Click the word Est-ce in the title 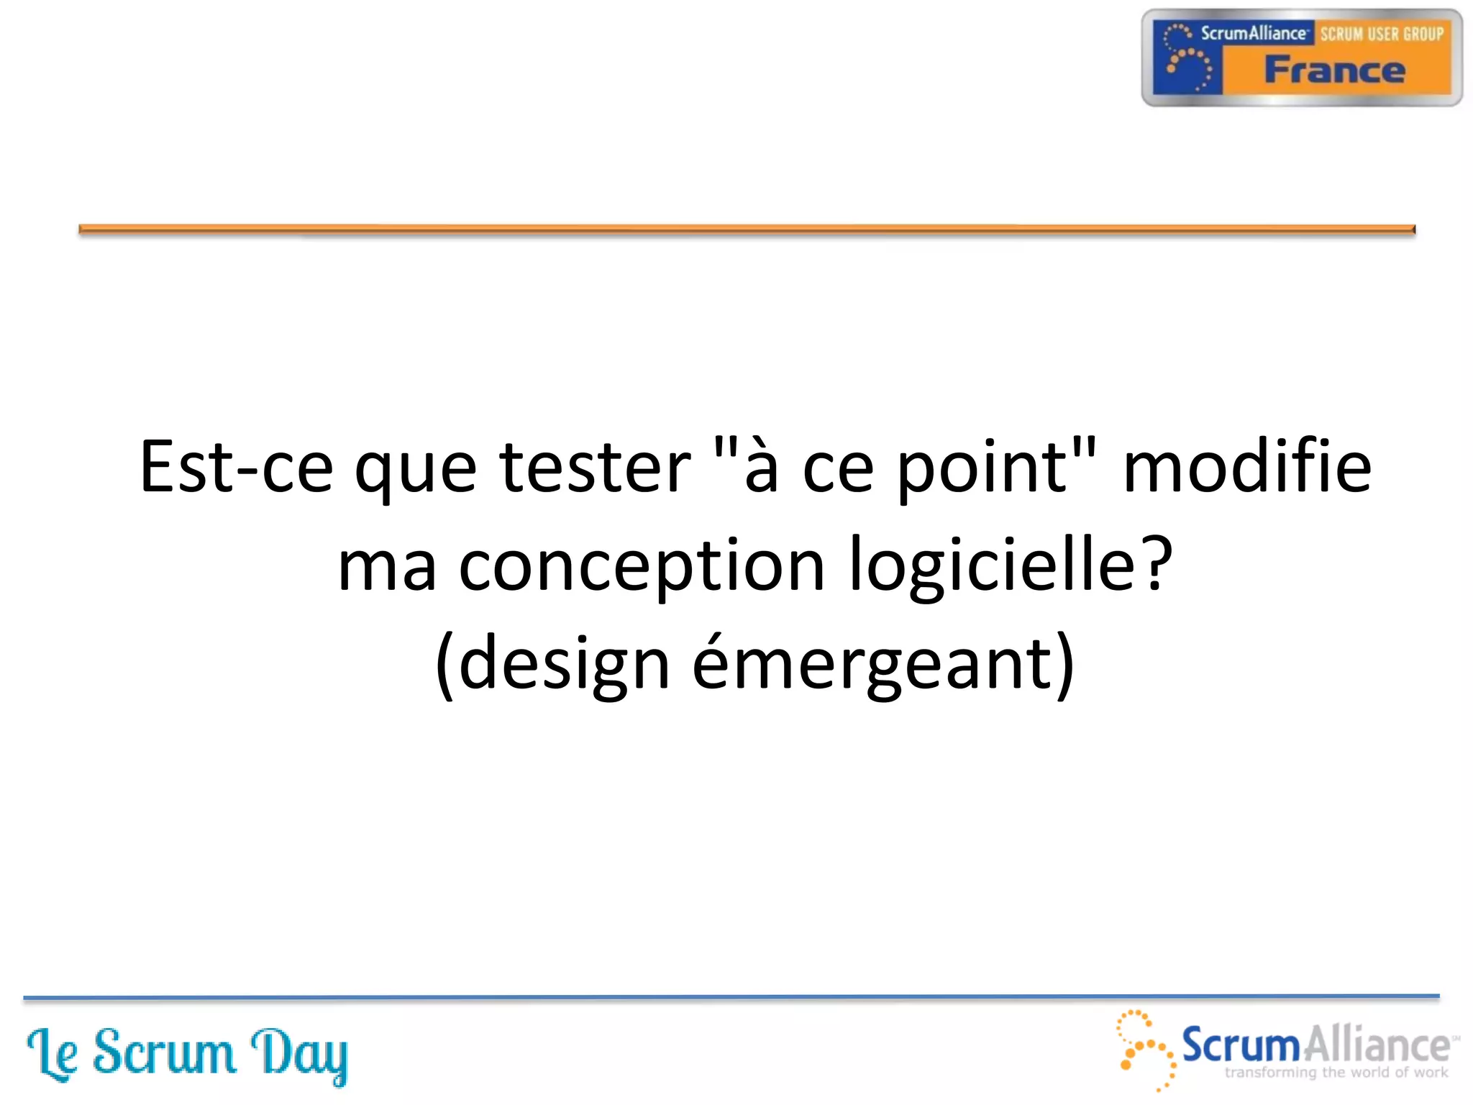coord(236,468)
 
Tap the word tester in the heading coord(595,468)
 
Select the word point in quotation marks coord(983,468)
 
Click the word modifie coord(1246,468)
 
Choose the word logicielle coord(993,565)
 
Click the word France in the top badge coord(1334,71)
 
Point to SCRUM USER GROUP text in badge coord(1382,34)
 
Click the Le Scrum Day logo coord(187,1055)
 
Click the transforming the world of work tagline coord(1336,1073)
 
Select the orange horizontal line coord(747,229)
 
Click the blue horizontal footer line coord(731,997)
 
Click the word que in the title coord(416,471)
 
